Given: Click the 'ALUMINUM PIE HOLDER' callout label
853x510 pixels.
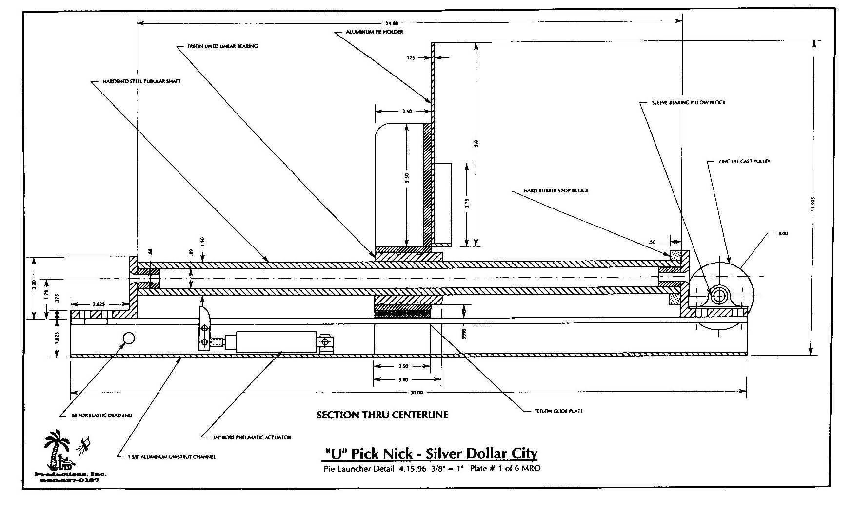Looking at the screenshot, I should click(x=374, y=32).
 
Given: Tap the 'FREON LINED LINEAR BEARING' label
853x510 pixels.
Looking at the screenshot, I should click(x=222, y=46).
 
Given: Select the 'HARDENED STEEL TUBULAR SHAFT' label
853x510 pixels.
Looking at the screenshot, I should click(x=141, y=81).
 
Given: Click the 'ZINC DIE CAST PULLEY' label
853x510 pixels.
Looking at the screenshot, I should click(x=744, y=161).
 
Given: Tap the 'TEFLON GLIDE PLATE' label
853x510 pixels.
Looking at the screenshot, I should click(x=558, y=411).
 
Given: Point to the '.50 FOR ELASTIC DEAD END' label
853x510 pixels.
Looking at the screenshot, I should click(x=102, y=416).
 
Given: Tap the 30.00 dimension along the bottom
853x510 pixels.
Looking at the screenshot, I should click(x=417, y=392).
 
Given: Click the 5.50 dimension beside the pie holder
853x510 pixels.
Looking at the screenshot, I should click(x=407, y=178).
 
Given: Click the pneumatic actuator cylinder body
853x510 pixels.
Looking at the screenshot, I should click(x=276, y=341).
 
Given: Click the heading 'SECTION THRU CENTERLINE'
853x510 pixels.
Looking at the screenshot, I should click(x=382, y=415).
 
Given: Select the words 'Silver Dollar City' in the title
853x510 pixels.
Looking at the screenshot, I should click(x=481, y=453).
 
